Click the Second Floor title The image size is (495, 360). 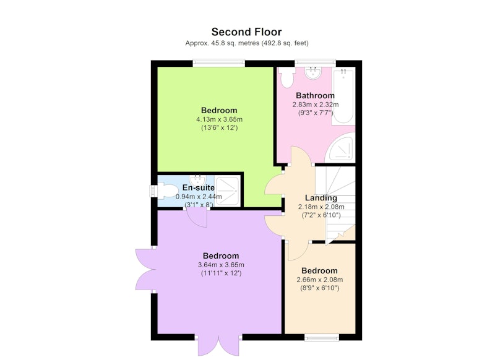click(246, 32)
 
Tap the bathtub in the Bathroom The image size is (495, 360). click(343, 96)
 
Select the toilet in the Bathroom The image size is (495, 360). click(287, 77)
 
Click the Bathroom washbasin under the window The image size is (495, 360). click(313, 72)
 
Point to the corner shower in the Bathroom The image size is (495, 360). click(342, 148)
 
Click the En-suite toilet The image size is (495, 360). click(165, 191)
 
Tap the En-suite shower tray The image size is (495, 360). click(227, 191)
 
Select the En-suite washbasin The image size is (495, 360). click(197, 180)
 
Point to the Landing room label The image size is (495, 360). click(321, 198)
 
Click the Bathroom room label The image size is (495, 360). click(315, 95)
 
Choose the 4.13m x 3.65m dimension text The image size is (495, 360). click(220, 119)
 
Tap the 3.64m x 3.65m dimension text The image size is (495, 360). click(221, 265)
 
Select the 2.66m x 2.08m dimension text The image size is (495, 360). click(320, 280)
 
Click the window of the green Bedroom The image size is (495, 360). click(219, 63)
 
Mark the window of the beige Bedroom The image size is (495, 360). click(322, 337)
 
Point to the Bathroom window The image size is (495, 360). click(316, 63)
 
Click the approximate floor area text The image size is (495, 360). click(247, 43)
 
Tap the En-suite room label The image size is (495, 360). click(199, 187)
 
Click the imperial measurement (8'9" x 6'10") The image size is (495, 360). click(320, 288)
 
